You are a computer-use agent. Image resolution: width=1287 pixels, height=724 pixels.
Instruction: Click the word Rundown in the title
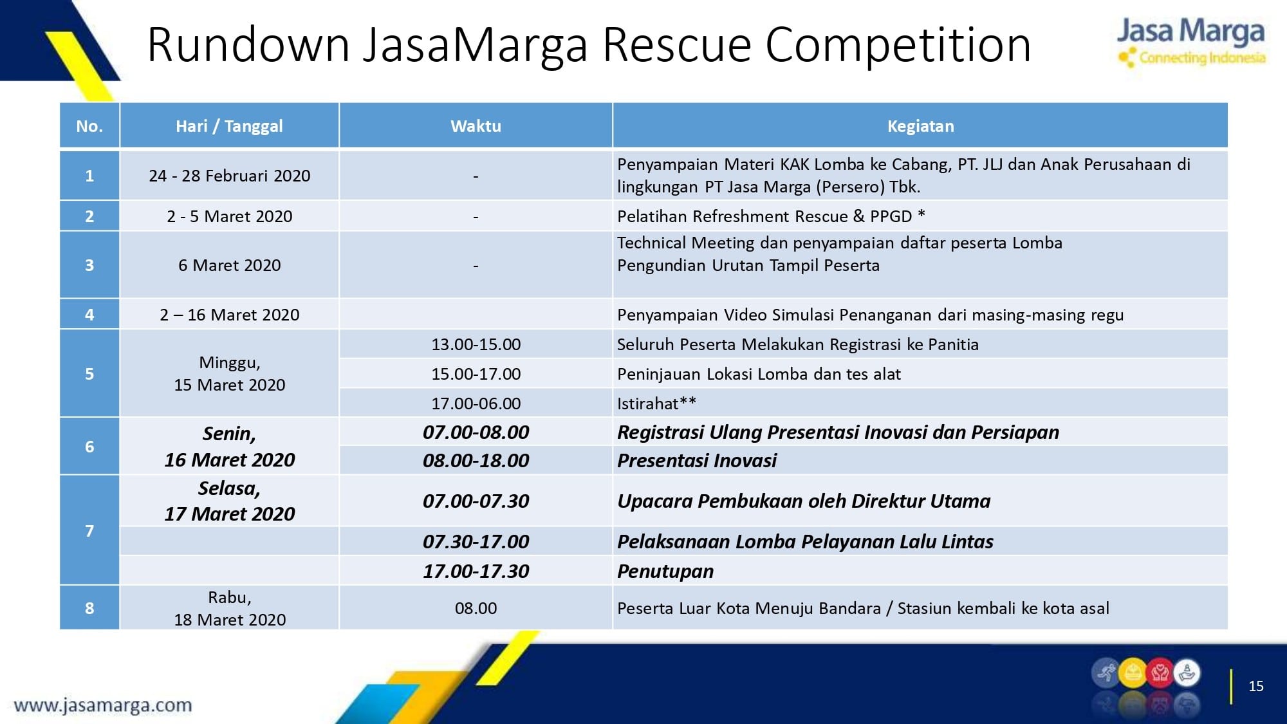248,44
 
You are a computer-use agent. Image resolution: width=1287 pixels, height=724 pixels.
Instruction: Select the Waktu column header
476,126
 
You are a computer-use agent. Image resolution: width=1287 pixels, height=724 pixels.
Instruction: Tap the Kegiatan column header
920,126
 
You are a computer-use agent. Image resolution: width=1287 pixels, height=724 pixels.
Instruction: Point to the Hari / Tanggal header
229,126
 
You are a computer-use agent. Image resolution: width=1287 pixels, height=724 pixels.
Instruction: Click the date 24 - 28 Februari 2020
229,176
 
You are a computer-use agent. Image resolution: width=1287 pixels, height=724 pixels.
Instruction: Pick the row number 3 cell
89,265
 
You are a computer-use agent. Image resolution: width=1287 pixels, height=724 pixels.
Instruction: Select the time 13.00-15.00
476,344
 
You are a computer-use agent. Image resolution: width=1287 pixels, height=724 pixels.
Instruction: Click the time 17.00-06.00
476,404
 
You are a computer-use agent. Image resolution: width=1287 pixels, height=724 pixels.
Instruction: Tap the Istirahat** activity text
656,404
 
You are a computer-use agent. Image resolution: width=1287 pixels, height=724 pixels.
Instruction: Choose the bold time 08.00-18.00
476,460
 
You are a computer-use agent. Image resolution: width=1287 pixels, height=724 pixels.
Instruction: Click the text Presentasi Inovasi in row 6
697,460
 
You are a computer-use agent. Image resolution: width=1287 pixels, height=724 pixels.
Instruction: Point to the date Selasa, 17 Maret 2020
229,501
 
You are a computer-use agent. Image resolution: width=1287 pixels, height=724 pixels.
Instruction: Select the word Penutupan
665,571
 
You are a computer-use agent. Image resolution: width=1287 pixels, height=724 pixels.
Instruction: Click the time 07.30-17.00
476,541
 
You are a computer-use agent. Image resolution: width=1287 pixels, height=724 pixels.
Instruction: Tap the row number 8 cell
89,608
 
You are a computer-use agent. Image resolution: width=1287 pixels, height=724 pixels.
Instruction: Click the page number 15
1256,686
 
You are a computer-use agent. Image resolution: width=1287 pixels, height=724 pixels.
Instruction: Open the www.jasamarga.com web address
103,705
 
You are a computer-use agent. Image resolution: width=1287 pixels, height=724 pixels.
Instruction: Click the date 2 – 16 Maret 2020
229,315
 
